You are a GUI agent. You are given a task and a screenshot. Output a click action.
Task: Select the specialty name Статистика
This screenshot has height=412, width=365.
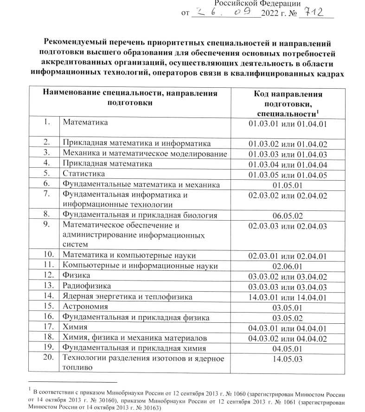(84, 174)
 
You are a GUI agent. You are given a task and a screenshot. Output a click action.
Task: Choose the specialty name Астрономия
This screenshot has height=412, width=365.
(85, 307)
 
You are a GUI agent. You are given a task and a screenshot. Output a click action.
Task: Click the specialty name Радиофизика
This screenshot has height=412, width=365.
(87, 286)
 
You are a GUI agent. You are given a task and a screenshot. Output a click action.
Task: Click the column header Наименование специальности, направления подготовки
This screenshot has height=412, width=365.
(130, 98)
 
